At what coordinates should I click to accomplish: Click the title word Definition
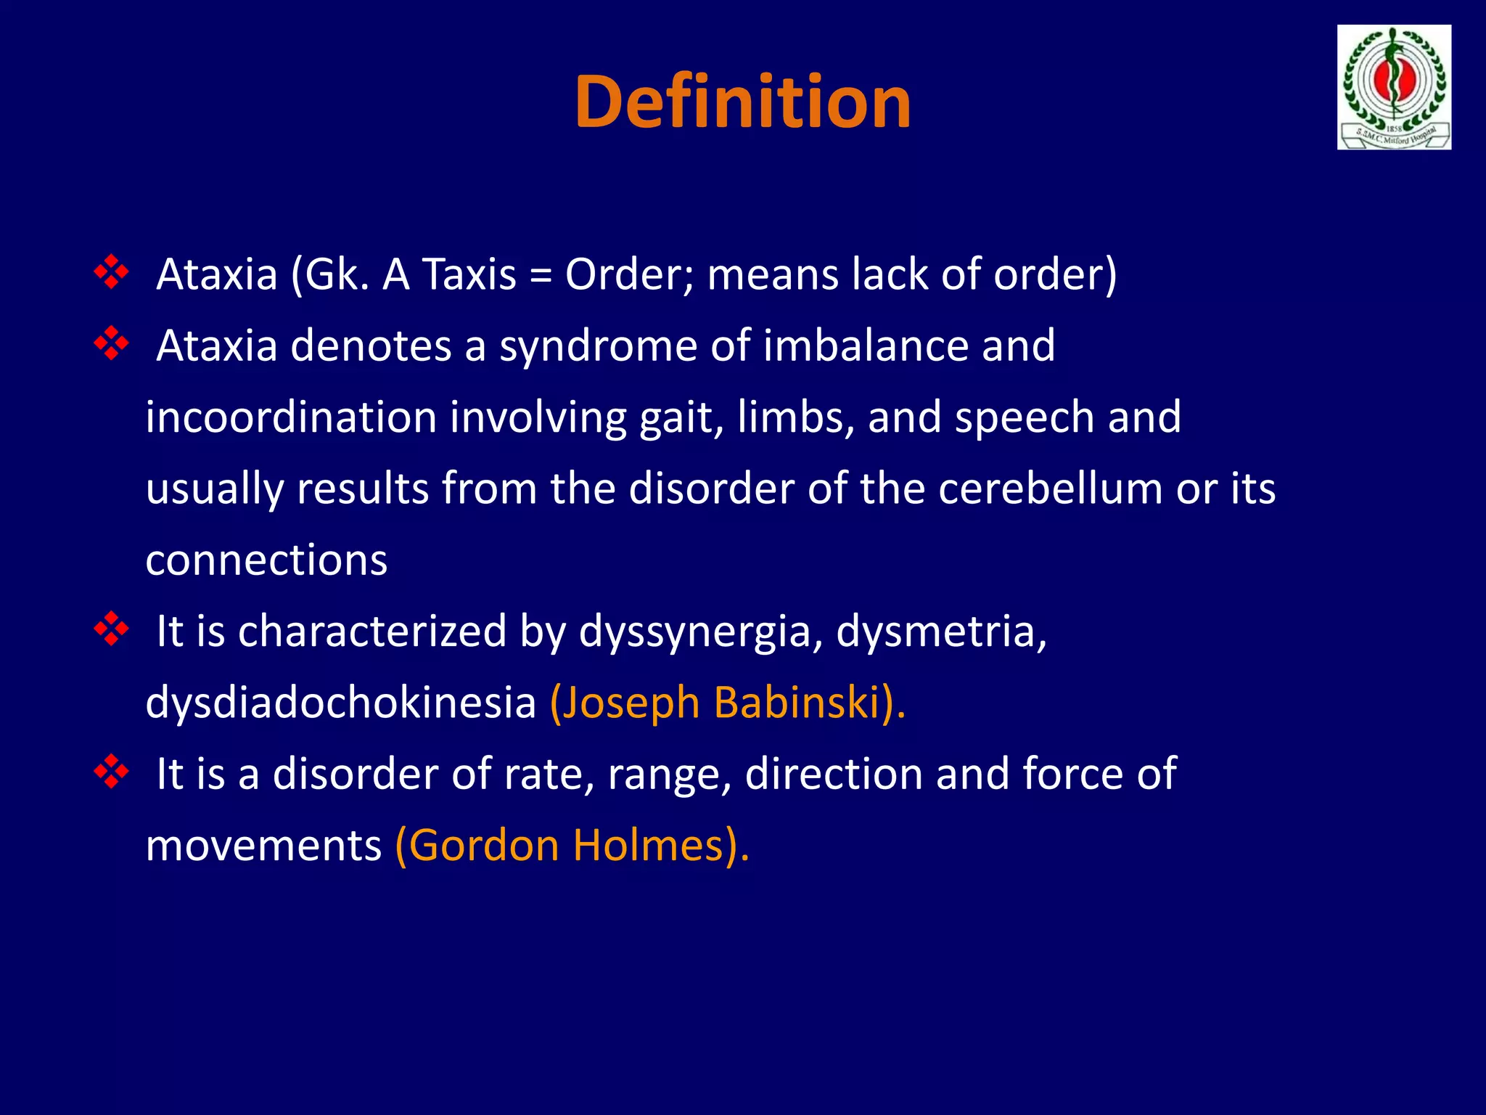(x=742, y=102)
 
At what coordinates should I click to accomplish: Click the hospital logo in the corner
(x=1394, y=87)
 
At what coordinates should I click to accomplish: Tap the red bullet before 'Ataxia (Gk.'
(x=112, y=273)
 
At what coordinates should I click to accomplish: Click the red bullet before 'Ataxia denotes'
(x=112, y=344)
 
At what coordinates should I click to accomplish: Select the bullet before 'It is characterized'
(x=112, y=629)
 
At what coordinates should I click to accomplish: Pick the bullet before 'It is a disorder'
(x=112, y=772)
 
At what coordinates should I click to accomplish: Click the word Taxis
(x=469, y=274)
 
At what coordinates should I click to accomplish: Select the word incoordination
(x=290, y=417)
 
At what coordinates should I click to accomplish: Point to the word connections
(x=266, y=560)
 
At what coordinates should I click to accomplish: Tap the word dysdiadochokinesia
(x=340, y=703)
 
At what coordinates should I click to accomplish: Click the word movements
(x=263, y=846)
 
